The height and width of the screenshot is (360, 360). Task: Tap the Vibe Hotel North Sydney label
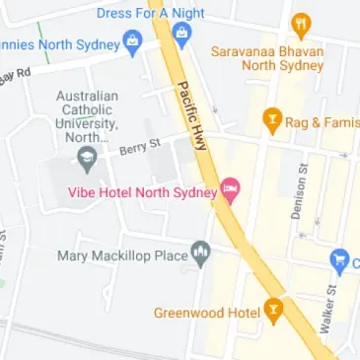pyautogui.click(x=141, y=191)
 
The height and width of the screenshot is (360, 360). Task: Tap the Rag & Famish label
pyautogui.click(x=318, y=122)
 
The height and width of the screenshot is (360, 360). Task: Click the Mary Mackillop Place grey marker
pyautogui.click(x=201, y=254)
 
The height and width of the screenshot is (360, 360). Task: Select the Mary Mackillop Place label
pyautogui.click(x=122, y=255)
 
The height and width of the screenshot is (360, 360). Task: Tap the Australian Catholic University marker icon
pyautogui.click(x=87, y=157)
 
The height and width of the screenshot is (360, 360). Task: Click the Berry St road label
pyautogui.click(x=139, y=147)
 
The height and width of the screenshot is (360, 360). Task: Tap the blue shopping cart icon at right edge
pyautogui.click(x=341, y=260)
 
